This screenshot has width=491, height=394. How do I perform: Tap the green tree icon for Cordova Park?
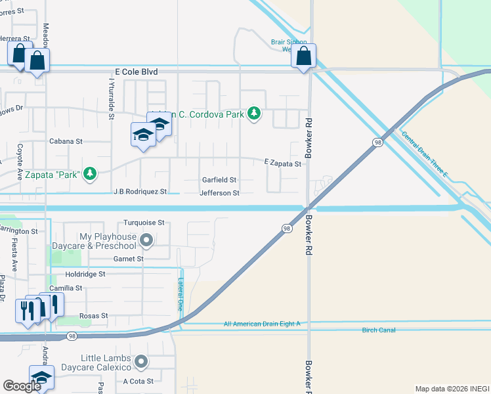254,114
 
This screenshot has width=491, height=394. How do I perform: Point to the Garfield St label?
219,180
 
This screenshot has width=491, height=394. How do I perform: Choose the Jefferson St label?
219,193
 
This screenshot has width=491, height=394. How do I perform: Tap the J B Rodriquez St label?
140,192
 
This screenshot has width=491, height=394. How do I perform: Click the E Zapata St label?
282,164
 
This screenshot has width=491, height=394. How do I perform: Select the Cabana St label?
66,141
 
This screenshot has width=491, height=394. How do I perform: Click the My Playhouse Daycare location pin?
146,241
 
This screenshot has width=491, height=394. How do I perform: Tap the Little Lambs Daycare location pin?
140,362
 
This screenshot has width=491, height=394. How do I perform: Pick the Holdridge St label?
85,274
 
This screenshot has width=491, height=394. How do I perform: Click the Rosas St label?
93,316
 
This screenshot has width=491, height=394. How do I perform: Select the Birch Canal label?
379,330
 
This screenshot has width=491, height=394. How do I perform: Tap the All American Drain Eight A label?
261,324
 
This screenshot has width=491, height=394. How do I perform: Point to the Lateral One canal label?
181,293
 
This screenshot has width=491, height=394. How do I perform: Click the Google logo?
22,386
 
